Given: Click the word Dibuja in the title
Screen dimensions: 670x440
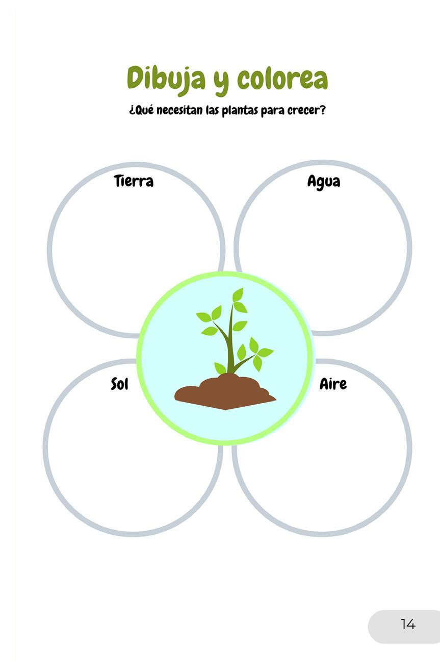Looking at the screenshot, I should click(x=166, y=78).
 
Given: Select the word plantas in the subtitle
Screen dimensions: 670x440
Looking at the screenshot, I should click(x=240, y=111).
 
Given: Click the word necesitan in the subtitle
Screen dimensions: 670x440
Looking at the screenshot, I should click(x=180, y=111).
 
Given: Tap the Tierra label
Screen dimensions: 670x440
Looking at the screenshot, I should click(x=134, y=181).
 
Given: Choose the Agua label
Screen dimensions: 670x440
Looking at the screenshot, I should click(x=323, y=182).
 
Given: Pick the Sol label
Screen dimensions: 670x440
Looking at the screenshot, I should click(x=119, y=384).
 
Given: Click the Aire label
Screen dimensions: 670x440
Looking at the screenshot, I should click(x=333, y=384).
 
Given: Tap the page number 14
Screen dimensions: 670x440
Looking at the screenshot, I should click(x=408, y=624).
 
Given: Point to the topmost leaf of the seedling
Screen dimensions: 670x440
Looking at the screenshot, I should click(x=238, y=294).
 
